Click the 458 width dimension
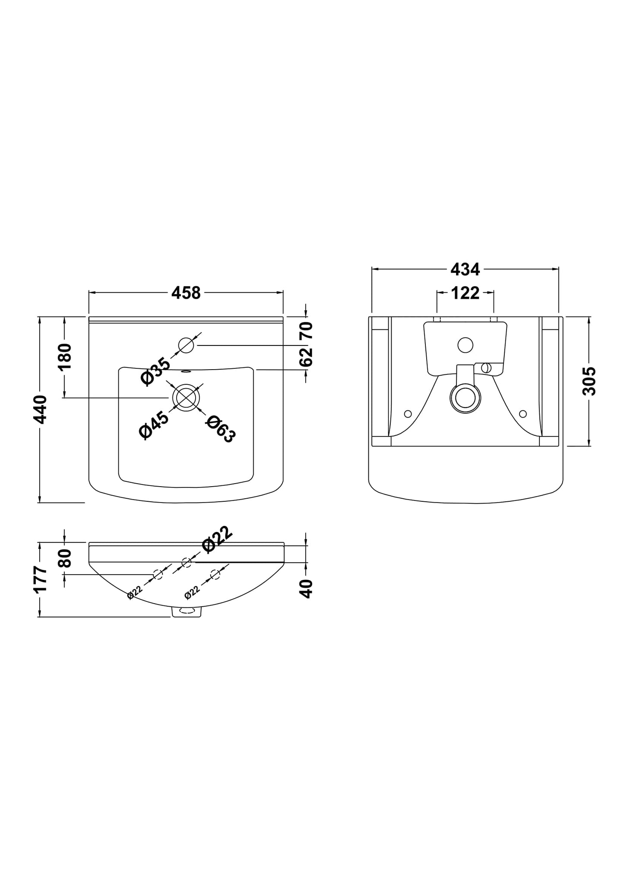click(x=186, y=293)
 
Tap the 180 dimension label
click(x=65, y=357)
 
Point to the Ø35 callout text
click(x=155, y=370)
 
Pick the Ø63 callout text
click(x=221, y=429)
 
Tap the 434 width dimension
click(x=465, y=269)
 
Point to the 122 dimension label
click(x=465, y=293)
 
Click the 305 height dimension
click(x=589, y=381)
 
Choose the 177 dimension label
click(x=40, y=580)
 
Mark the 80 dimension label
click(x=65, y=558)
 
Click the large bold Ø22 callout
click(x=217, y=539)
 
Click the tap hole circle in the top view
click(x=186, y=345)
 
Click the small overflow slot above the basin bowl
click(x=186, y=370)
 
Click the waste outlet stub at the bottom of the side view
click(x=187, y=612)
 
